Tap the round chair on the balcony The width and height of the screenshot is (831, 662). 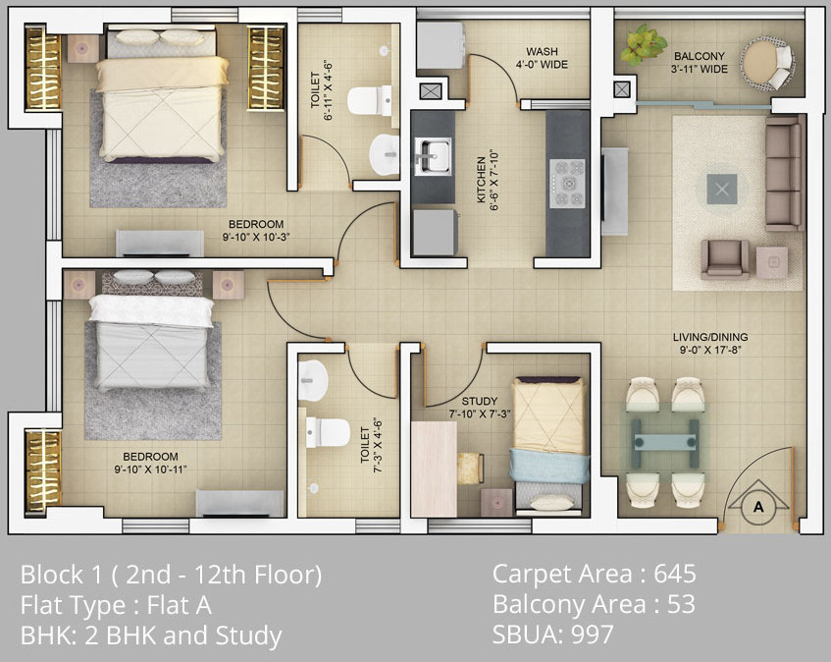pos(767,63)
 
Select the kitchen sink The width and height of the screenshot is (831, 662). pos(433,156)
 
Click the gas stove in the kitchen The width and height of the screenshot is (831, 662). pos(567,183)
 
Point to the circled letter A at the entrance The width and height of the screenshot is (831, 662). pos(757,507)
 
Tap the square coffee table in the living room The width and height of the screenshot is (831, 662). pos(722,189)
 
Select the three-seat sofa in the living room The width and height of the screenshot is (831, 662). pos(784,174)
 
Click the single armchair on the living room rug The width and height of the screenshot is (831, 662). pos(724,259)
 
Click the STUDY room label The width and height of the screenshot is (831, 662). pos(479,401)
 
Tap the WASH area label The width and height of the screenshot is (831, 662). pos(542,51)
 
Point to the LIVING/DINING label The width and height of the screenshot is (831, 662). pos(710,337)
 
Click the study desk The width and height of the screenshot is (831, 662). pos(434,469)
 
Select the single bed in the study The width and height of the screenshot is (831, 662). pos(549,445)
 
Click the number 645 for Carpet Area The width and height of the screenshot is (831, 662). pos(675,574)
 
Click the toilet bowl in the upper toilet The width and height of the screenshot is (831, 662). pos(370,100)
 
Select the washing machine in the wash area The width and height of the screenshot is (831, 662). pos(441,45)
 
